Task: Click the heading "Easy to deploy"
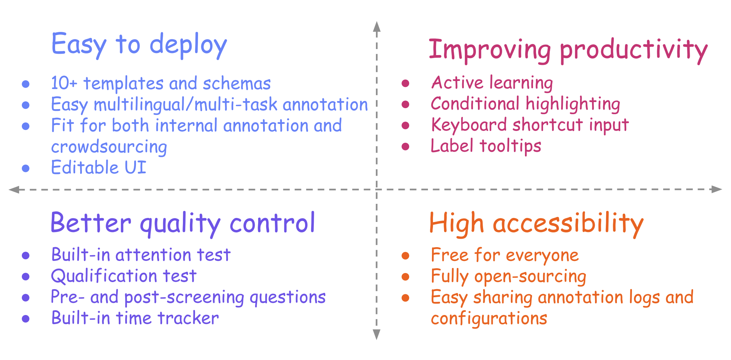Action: [x=139, y=45]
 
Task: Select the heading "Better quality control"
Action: [x=183, y=224]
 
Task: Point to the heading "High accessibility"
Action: [x=536, y=224]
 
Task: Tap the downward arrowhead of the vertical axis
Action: [x=377, y=334]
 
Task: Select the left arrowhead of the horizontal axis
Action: [x=14, y=190]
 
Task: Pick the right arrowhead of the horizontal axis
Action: [x=717, y=189]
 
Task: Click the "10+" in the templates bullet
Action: [x=64, y=83]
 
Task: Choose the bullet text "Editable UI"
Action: [x=99, y=167]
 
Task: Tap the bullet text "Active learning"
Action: [x=492, y=83]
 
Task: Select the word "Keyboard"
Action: [x=469, y=125]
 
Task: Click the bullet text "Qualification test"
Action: [x=124, y=276]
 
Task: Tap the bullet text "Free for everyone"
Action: [x=505, y=255]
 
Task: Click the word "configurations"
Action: [x=489, y=318]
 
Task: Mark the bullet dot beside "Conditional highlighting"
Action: [x=405, y=104]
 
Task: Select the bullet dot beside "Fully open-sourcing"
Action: [x=405, y=277]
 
